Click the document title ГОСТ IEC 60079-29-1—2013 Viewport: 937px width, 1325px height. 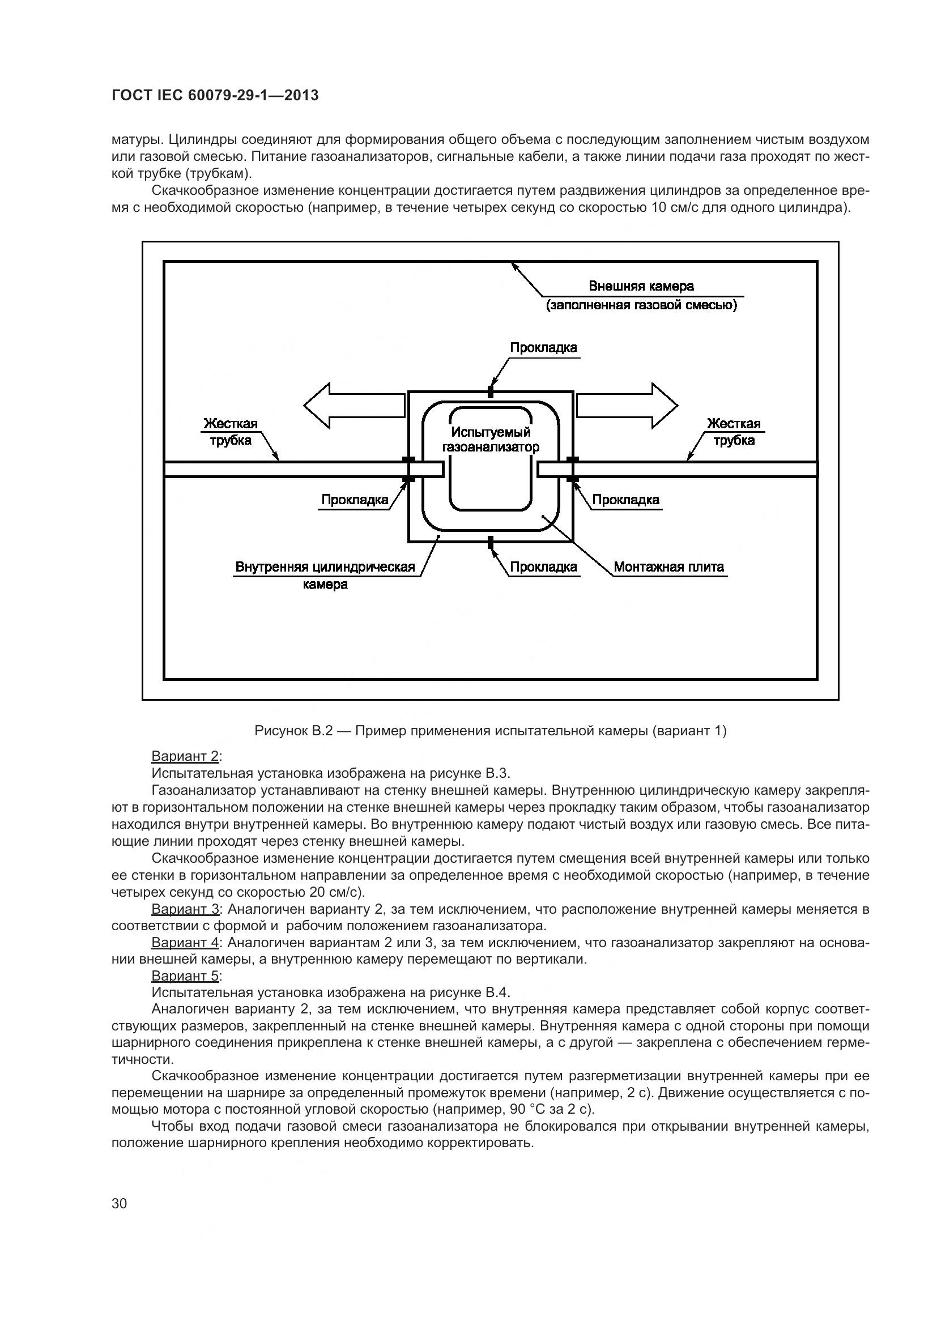coord(215,96)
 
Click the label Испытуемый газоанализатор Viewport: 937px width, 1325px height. coord(491,439)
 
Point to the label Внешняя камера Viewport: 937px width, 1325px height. coord(641,286)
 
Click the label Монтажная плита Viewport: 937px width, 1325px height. coord(668,566)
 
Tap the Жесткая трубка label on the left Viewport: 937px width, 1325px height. coord(230,432)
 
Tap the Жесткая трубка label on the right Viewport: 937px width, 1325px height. coord(733,432)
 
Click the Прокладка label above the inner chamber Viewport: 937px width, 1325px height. coord(543,347)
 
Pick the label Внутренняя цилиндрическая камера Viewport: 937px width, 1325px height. coord(325,576)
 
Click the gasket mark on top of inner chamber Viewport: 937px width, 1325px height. coord(491,391)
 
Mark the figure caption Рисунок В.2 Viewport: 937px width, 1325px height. coord(491,731)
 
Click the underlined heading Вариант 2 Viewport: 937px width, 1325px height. coord(185,756)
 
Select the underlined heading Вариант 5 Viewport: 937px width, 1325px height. coord(185,976)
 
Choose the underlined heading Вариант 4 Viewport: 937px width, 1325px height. coord(185,943)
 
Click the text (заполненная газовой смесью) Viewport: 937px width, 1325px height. coord(641,305)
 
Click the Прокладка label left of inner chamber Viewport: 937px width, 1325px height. coord(354,500)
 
